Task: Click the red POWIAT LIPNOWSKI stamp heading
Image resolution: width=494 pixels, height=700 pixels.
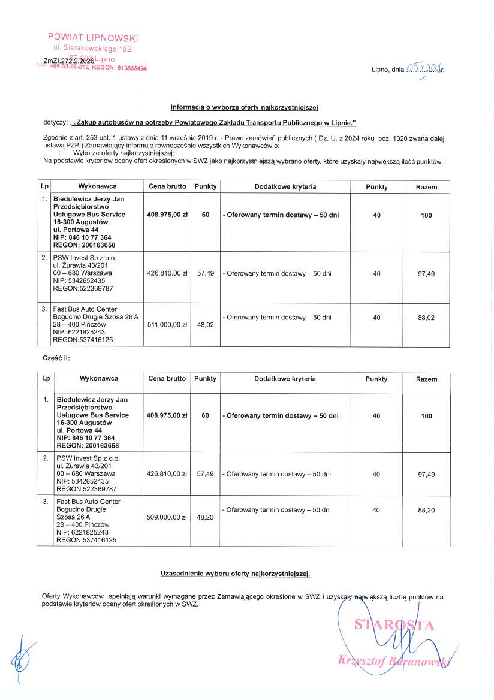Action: click(93, 37)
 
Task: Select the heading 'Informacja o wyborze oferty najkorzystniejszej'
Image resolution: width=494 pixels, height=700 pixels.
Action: click(244, 108)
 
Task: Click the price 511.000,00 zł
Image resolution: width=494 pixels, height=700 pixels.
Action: click(167, 325)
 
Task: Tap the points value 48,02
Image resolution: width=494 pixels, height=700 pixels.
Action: click(206, 325)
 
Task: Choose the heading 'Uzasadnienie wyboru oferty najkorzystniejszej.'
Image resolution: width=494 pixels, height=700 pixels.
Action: click(236, 574)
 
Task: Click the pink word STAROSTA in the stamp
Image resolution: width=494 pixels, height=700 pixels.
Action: click(394, 625)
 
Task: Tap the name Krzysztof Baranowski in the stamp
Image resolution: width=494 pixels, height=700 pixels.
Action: click(393, 660)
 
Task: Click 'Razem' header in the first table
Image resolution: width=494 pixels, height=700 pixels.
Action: click(426, 187)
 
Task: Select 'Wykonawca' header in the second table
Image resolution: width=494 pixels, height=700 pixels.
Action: click(99, 379)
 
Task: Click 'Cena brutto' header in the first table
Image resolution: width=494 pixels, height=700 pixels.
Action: click(167, 186)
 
